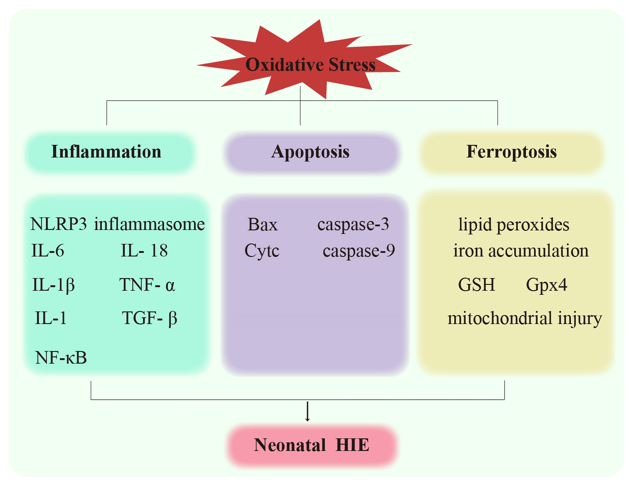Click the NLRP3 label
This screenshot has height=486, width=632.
pyautogui.click(x=58, y=224)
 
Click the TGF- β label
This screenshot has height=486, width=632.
pyautogui.click(x=149, y=318)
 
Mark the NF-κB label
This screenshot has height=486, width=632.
pyautogui.click(x=61, y=358)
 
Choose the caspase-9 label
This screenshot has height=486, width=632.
pyautogui.click(x=359, y=251)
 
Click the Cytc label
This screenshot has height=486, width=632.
pyautogui.click(x=262, y=251)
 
